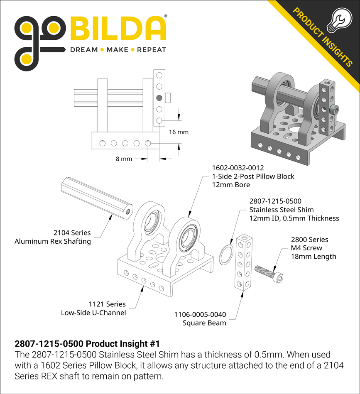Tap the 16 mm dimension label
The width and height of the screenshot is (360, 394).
[x=179, y=132]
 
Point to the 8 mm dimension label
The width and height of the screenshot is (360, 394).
[x=123, y=159]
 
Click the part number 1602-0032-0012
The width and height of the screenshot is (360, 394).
[x=238, y=168]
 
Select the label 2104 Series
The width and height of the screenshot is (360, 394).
[x=72, y=233]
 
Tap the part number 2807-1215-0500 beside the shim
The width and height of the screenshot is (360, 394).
[x=275, y=201]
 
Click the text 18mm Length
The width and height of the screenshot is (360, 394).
[x=313, y=256]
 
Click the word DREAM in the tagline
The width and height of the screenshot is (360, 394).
[x=83, y=50]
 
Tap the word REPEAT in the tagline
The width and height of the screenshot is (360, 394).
[x=152, y=50]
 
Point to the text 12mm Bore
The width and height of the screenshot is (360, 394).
[x=231, y=185]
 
